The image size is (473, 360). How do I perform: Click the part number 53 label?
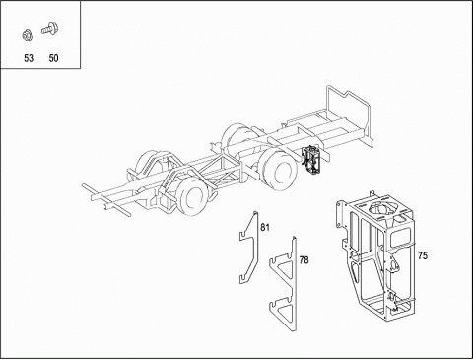pos(29,58)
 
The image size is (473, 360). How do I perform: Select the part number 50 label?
pos(53,58)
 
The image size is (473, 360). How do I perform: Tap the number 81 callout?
pos(265,227)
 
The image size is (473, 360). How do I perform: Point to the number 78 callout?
pos(304,260)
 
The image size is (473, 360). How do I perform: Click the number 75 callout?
pos(423,255)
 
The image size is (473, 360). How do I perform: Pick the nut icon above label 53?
pos(28,36)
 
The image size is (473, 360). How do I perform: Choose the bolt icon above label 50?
pos(50,28)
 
